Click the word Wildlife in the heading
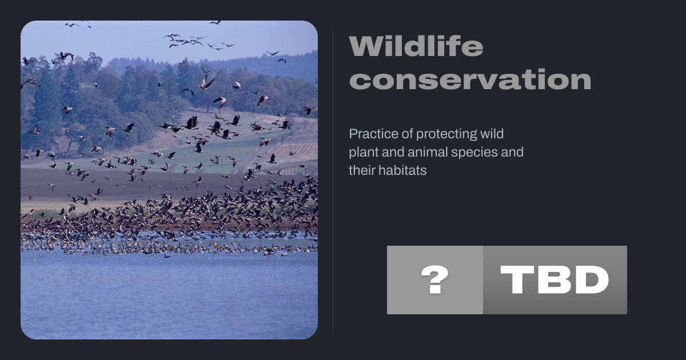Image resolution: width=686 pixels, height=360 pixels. click(416, 46)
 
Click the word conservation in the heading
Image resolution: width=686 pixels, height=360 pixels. click(470, 79)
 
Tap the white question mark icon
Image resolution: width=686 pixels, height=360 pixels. click(435, 279)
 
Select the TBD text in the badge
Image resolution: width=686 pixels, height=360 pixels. click(555, 280)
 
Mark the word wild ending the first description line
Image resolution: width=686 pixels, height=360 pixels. click(492, 134)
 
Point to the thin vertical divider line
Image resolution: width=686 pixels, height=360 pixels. click(333, 180)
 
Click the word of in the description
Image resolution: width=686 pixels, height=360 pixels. click(407, 134)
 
